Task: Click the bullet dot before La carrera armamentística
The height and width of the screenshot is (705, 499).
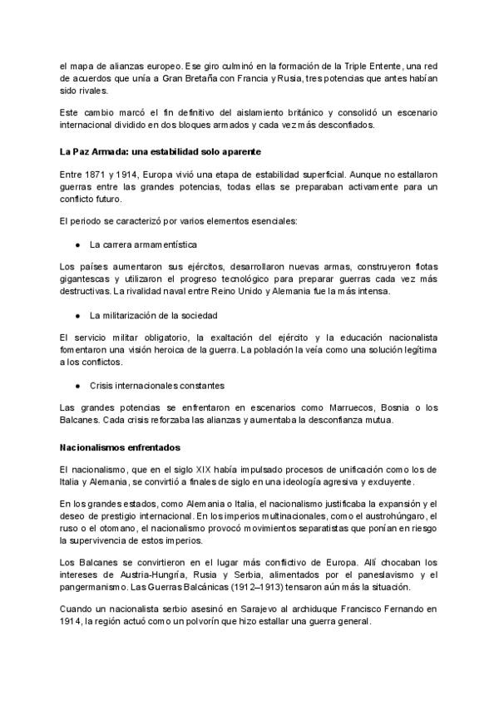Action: tap(77, 245)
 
